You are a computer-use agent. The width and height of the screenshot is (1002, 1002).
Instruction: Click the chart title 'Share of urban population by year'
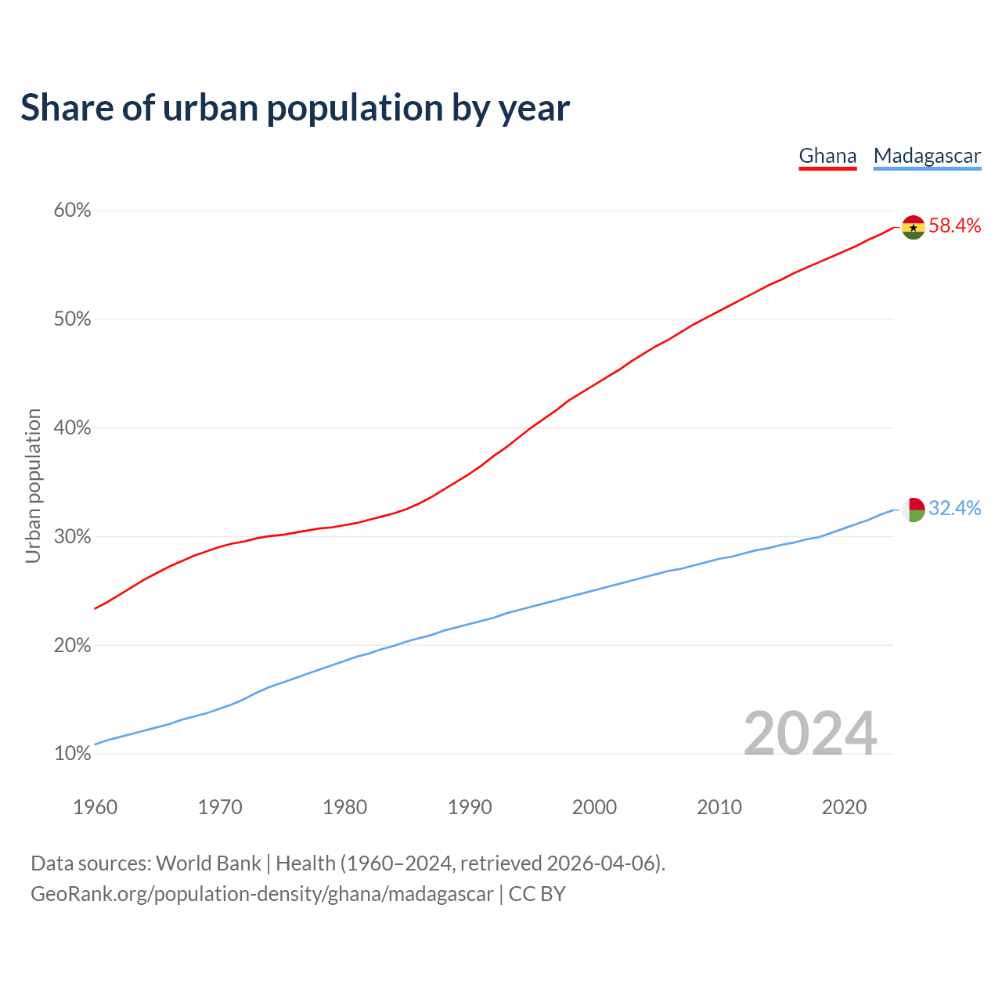pos(295,108)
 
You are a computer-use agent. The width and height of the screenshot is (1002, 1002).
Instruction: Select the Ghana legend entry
pos(827,156)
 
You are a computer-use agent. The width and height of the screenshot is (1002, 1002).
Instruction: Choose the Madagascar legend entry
pos(927,156)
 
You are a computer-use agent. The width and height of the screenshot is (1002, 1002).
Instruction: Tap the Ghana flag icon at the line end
pos(913,227)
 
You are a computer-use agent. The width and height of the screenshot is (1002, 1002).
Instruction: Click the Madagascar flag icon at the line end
pos(913,510)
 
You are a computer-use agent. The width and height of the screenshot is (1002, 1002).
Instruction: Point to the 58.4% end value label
pos(954,226)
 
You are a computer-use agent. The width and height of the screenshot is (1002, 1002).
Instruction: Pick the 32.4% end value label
pos(954,509)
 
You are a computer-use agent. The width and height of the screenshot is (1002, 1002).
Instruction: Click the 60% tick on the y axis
pos(73,211)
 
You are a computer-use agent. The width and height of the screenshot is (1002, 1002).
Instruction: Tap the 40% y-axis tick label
pos(73,428)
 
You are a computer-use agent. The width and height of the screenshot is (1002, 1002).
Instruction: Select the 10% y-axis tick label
pos(73,754)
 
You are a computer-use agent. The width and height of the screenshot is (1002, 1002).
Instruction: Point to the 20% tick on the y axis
pos(73,646)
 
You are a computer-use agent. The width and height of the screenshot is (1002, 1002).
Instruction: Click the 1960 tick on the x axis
pos(95,807)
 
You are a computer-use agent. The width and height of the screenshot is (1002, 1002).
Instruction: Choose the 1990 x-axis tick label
pos(470,807)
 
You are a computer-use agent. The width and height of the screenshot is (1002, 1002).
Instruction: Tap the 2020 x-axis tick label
pos(844,807)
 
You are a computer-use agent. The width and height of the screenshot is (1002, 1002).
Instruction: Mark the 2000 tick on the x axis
pos(594,807)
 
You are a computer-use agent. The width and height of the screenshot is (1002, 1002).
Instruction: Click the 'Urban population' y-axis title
pos(33,485)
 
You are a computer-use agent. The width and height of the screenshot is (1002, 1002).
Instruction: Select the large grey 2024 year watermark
pos(810,733)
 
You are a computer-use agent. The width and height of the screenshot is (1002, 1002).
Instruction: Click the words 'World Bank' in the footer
pos(208,863)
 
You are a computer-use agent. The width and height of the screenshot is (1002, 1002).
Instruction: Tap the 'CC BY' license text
pos(537,894)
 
